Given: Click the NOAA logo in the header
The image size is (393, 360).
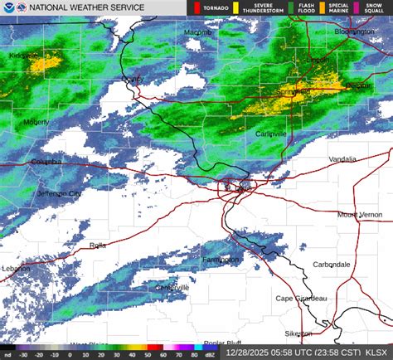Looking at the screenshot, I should pos(9,9).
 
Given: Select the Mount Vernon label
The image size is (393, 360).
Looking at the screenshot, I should pos(358,214).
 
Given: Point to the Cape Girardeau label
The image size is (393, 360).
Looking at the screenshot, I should pos(302,299).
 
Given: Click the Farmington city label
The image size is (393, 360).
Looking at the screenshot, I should pos(221,260).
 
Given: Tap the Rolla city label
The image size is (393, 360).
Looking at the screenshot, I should pos(99,246).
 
